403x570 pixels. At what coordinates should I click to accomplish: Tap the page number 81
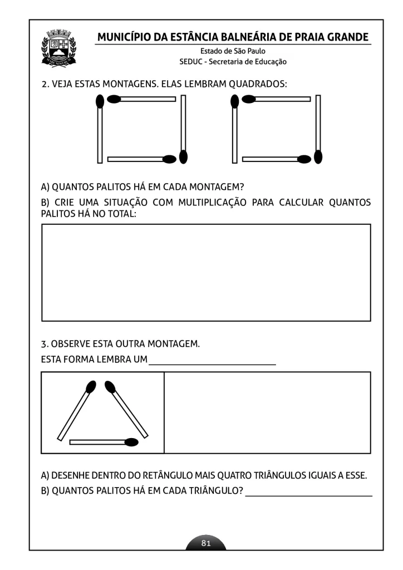(x=206, y=543)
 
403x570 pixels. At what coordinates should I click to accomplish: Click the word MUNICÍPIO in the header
(x=124, y=37)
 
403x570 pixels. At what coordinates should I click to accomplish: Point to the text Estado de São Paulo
(x=233, y=51)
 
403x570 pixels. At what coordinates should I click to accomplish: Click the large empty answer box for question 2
(x=206, y=272)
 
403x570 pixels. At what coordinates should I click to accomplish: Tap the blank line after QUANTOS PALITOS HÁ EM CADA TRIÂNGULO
(x=308, y=494)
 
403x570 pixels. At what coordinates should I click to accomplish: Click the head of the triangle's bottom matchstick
(x=132, y=443)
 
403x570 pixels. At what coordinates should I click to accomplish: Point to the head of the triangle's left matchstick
(x=90, y=386)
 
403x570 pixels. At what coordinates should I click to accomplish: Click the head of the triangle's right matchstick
(x=110, y=386)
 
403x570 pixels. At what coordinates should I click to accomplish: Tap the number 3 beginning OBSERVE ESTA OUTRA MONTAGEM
(x=44, y=343)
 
